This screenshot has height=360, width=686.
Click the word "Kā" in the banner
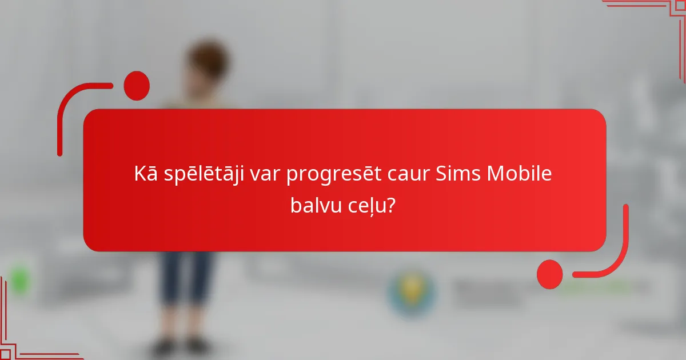coord(143,174)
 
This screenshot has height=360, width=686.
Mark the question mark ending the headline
coord(392,204)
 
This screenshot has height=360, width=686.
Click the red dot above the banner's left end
coord(137,86)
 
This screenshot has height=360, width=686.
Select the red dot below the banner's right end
coord(550,274)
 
